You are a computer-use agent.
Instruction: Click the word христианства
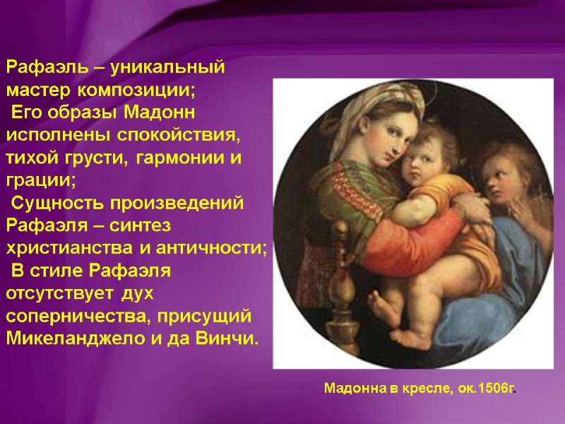[x=73, y=248]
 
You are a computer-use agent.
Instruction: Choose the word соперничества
[x=80, y=315]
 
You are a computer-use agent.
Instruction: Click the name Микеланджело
[x=76, y=337]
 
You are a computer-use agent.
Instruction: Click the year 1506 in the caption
[x=495, y=389]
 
